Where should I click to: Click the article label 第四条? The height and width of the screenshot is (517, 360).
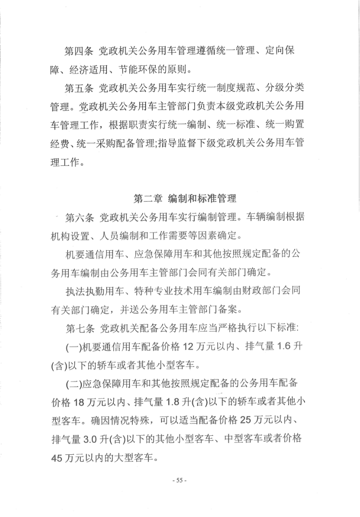79,51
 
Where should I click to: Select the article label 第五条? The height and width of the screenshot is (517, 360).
79,88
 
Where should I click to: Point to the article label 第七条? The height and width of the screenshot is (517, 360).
79,329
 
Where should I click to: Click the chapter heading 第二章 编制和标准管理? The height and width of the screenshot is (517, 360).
185,199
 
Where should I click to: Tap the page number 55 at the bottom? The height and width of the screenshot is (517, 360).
180,480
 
